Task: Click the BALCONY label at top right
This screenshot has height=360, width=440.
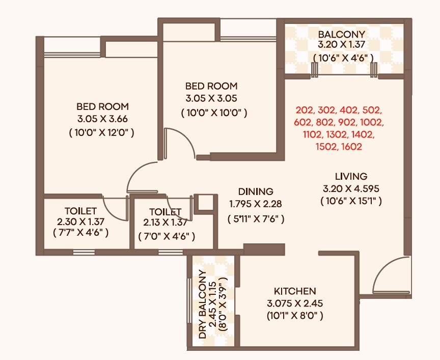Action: (x=342, y=34)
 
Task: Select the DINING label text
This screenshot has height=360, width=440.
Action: (x=256, y=192)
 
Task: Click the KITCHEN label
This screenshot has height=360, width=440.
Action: (x=295, y=292)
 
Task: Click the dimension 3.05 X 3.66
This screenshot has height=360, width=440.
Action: (x=102, y=120)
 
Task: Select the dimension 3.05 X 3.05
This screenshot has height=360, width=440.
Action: (x=211, y=99)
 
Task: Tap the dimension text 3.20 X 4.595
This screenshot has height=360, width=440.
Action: (x=351, y=188)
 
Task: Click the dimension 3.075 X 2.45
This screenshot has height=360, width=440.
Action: (x=295, y=303)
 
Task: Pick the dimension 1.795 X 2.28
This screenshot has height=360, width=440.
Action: (x=256, y=204)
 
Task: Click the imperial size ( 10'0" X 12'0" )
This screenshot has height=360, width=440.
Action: (x=102, y=132)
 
